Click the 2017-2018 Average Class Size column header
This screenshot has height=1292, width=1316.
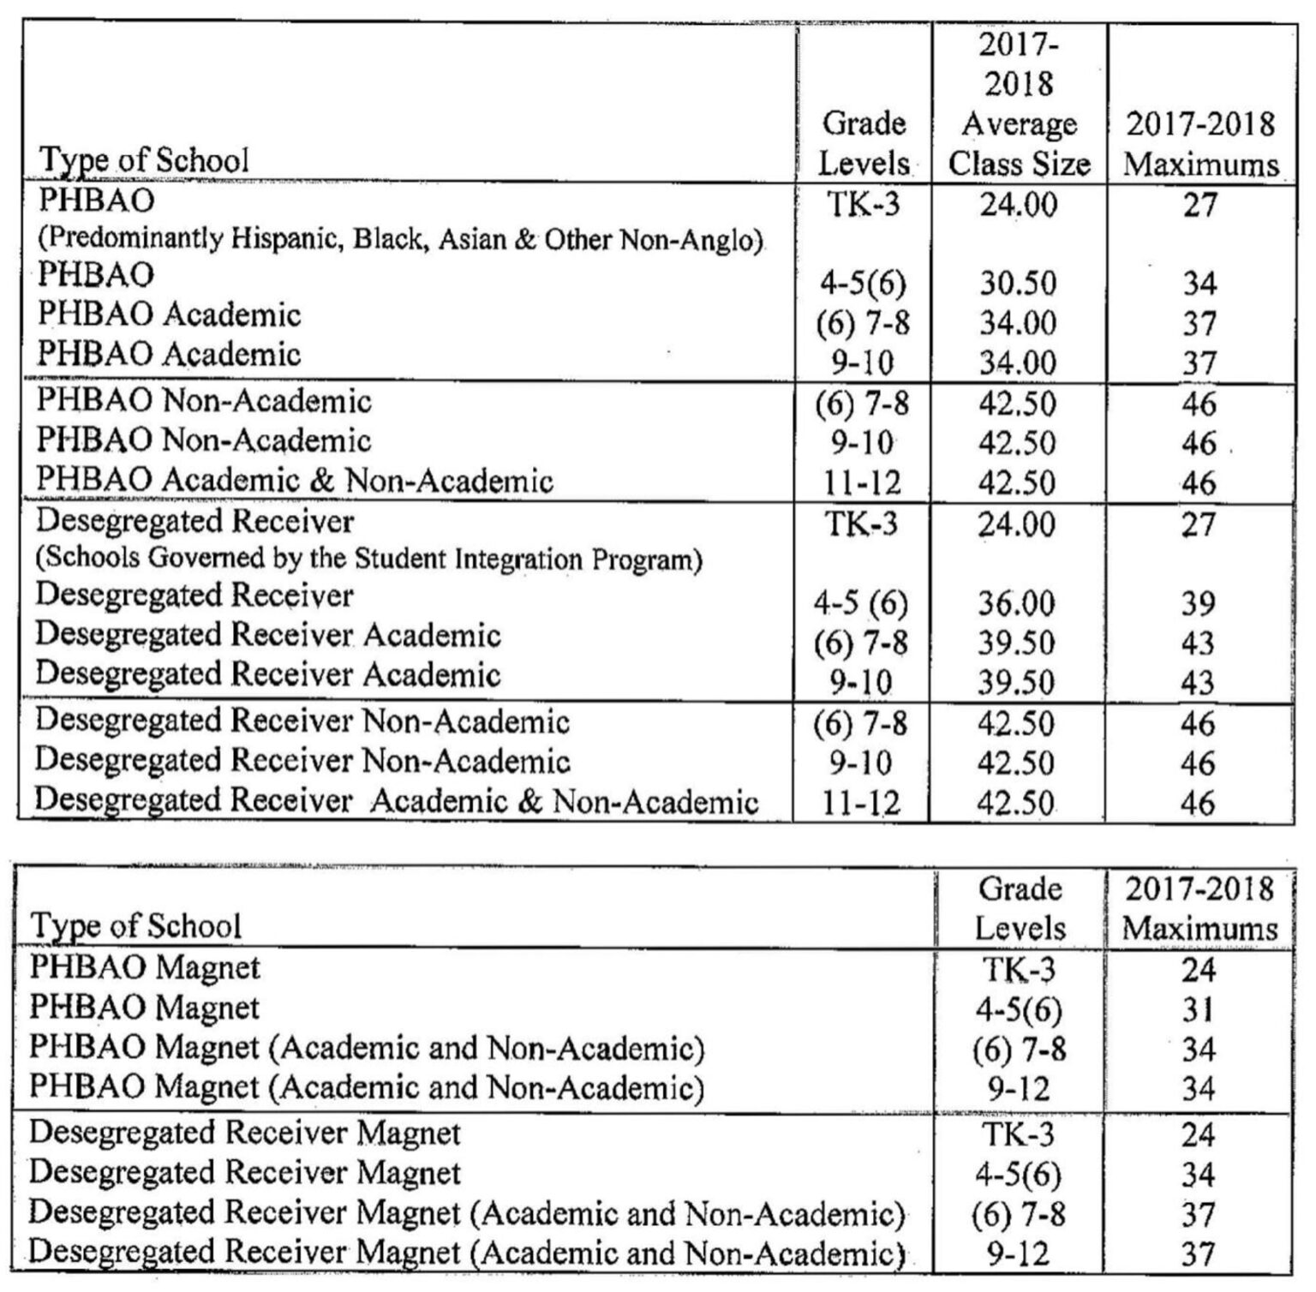click(x=1018, y=103)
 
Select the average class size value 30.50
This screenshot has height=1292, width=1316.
click(x=1018, y=284)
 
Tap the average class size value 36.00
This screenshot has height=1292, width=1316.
click(x=1016, y=603)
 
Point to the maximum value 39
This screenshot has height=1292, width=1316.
click(x=1198, y=603)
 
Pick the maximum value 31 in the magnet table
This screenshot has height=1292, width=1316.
click(x=1198, y=1010)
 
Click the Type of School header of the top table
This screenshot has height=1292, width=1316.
click(x=145, y=160)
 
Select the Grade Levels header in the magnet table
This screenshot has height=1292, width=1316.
click(x=1020, y=908)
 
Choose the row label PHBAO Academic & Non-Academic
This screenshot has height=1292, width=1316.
click(x=294, y=481)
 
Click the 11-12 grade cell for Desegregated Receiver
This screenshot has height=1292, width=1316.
click(x=861, y=803)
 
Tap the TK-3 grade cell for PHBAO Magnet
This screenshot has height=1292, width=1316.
click(x=1019, y=969)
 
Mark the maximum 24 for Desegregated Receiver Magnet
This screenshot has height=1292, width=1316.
click(x=1198, y=1134)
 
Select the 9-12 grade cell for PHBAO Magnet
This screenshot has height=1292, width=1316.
click(x=1019, y=1089)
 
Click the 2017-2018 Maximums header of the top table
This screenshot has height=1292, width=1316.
click(x=1200, y=143)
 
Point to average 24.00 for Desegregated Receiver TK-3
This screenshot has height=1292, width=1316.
click(x=1016, y=523)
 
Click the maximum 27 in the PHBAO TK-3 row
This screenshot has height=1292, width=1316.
click(x=1199, y=205)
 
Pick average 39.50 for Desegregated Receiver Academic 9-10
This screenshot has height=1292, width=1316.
click(x=1016, y=683)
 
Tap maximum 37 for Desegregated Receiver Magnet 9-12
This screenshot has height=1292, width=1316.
click(x=1198, y=1254)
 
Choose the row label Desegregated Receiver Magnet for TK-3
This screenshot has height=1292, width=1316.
click(x=245, y=1133)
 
